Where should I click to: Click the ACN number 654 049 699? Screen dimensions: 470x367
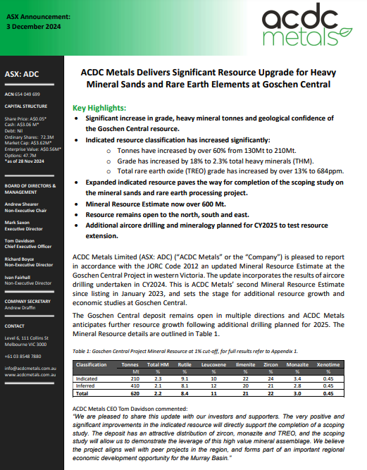coord(23,94)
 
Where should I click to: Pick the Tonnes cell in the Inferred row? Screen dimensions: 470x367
coord(129,385)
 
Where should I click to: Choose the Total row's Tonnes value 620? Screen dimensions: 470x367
coord(129,392)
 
